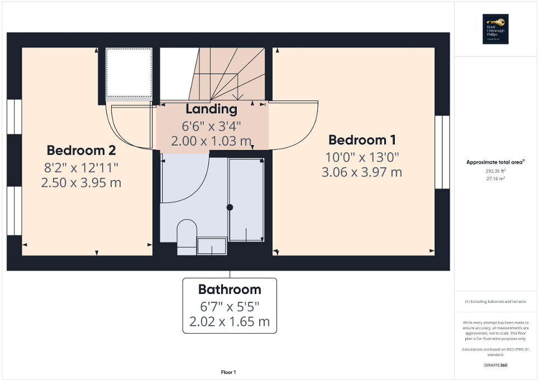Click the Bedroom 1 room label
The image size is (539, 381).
(x=357, y=139)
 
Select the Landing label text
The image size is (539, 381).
(x=212, y=109)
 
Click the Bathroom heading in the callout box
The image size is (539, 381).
(x=230, y=290)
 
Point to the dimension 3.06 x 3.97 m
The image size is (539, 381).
(x=361, y=172)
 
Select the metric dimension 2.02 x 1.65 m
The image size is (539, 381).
(x=229, y=322)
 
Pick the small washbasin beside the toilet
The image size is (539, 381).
(x=212, y=245)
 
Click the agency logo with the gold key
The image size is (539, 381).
(x=495, y=30)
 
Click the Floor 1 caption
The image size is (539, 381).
(x=228, y=372)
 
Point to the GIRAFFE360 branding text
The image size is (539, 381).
(x=495, y=365)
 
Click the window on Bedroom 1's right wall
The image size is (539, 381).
(x=442, y=152)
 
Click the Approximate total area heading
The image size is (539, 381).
(x=495, y=162)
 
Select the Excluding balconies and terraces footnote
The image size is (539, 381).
(x=495, y=302)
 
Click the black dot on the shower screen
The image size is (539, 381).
(x=230, y=207)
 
